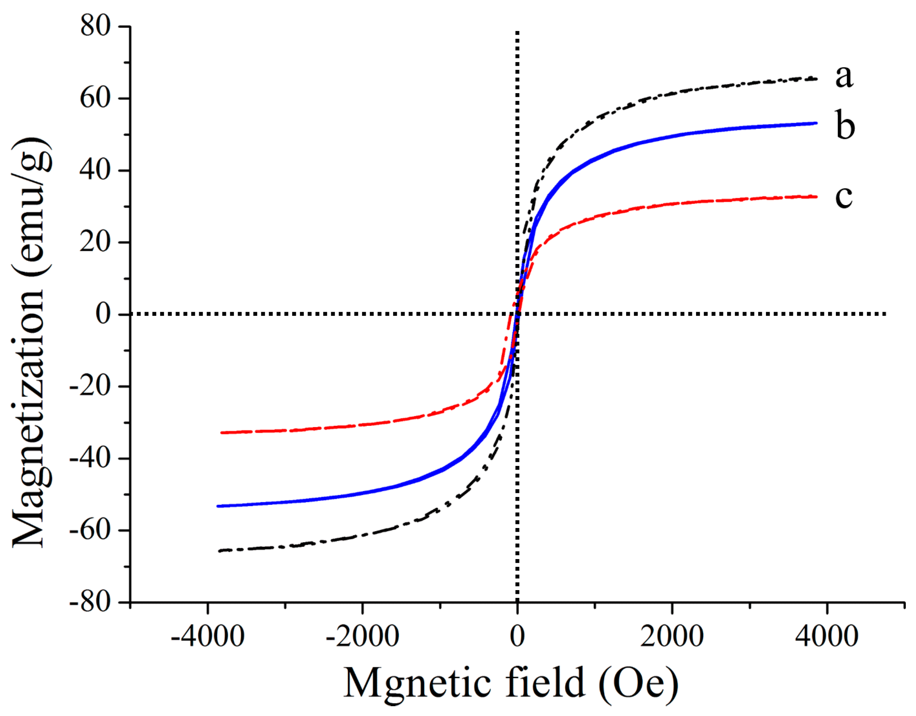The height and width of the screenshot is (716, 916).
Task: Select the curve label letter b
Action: tap(845, 125)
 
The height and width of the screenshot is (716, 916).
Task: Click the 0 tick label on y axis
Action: tap(103, 314)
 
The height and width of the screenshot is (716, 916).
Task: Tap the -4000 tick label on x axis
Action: tap(207, 636)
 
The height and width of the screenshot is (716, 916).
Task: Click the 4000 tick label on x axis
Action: tap(826, 636)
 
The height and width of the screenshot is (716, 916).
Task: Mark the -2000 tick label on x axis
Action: tap(362, 636)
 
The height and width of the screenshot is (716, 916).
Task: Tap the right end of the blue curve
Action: tap(816, 123)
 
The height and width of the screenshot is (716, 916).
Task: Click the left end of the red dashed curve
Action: tap(222, 432)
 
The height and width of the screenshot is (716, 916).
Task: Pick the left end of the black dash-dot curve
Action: tap(219, 551)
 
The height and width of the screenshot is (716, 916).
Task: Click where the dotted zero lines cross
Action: tap(517, 314)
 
